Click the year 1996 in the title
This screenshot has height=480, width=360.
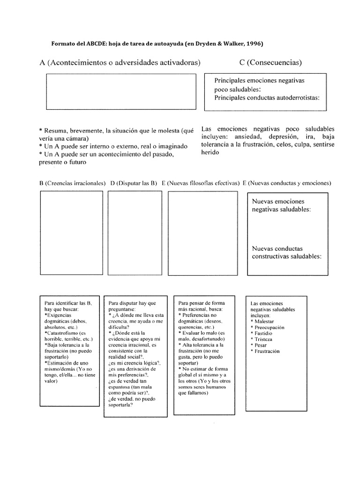(x=254, y=44)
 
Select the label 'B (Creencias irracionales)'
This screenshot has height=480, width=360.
(x=72, y=183)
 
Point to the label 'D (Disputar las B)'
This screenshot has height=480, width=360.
(x=134, y=183)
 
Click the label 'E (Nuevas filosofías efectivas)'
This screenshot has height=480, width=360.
(x=201, y=183)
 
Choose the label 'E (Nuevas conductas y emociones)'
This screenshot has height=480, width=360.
(x=287, y=183)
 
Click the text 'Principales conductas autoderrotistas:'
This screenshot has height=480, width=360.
(x=267, y=98)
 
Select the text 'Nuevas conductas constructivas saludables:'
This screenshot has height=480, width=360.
(x=287, y=253)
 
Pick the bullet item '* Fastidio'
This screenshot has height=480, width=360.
(x=263, y=333)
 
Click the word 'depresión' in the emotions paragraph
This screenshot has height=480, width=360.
(x=283, y=136)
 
